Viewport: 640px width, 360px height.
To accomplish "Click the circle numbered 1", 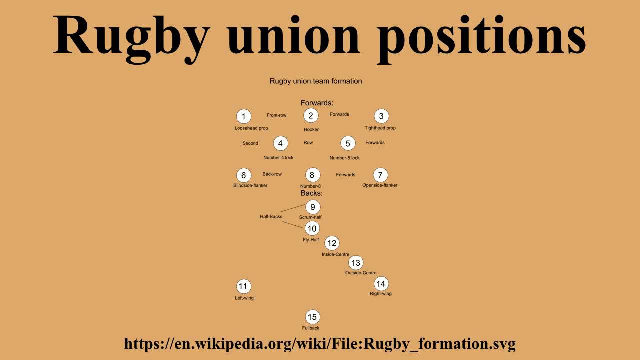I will click(x=243, y=116).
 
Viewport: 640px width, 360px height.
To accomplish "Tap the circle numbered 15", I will click(x=312, y=317).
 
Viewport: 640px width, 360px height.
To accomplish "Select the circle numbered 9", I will click(x=313, y=207).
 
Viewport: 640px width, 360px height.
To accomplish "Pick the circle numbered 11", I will click(x=243, y=286).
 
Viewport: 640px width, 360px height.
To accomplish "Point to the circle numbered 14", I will click(x=381, y=284).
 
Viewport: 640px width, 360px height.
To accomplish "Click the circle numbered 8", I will click(x=312, y=175).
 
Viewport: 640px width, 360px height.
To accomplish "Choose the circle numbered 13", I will click(x=355, y=263).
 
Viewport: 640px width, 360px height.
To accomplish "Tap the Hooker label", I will click(x=311, y=130).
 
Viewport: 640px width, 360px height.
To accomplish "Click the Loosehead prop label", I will click(x=251, y=128).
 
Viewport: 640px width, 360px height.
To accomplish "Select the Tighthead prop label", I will click(x=380, y=128).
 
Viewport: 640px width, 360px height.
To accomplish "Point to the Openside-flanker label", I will click(x=380, y=185).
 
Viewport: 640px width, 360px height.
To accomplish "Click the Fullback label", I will click(x=311, y=328).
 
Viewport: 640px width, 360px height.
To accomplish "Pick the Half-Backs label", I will click(x=271, y=217).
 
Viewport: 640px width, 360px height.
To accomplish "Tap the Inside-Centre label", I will click(x=336, y=255).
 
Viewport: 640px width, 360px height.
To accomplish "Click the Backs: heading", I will click(x=311, y=193).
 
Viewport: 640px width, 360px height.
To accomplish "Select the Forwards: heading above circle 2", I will click(x=317, y=103).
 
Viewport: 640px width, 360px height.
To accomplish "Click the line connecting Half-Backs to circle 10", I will click(x=294, y=225).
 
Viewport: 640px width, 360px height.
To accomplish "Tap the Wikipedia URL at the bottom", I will click(x=320, y=344).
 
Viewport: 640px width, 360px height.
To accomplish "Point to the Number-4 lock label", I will click(x=278, y=158).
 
